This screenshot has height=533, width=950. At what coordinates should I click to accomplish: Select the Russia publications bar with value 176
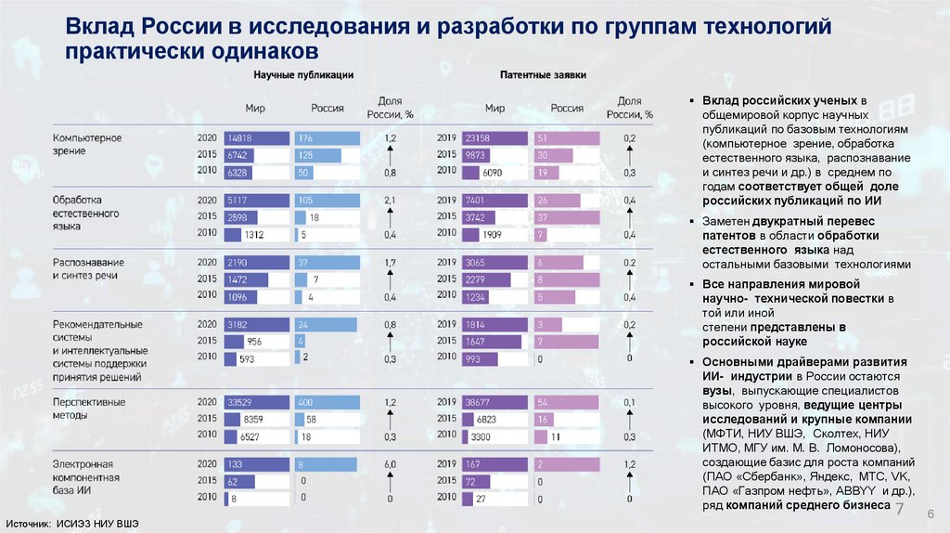(x=327, y=138)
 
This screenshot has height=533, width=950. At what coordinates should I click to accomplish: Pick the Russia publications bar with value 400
(x=327, y=401)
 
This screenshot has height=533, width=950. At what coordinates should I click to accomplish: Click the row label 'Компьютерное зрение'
(x=87, y=144)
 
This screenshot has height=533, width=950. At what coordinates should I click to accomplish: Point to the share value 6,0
(x=390, y=463)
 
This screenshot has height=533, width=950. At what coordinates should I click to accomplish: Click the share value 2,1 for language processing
(x=390, y=200)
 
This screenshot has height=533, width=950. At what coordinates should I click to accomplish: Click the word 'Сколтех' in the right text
(x=833, y=433)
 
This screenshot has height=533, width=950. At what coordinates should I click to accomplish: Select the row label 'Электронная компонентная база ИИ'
(x=83, y=476)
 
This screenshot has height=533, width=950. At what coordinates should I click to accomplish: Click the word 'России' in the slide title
(x=174, y=28)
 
